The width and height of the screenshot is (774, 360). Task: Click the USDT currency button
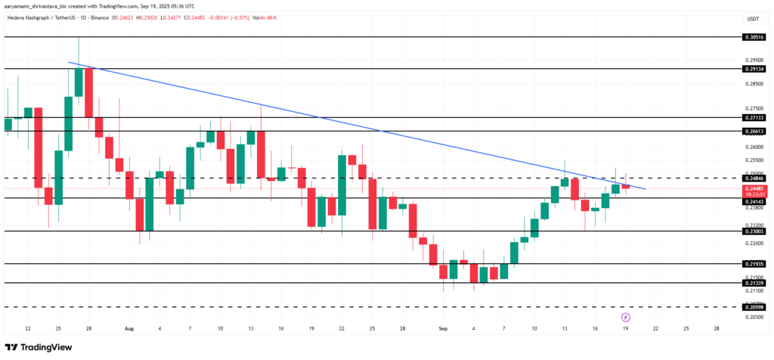753,18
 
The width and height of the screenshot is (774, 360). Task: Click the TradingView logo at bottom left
42,347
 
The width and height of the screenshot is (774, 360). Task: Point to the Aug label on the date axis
128,329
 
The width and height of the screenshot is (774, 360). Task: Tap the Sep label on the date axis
443,329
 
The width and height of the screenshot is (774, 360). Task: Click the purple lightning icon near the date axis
625,316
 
